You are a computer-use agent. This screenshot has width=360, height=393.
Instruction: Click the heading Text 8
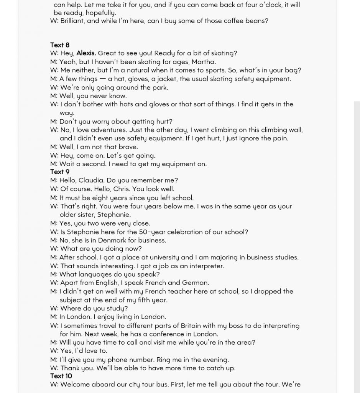click(x=60, y=45)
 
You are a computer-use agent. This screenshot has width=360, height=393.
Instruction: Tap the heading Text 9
click(x=60, y=172)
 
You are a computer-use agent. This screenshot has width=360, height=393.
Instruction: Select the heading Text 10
click(x=61, y=376)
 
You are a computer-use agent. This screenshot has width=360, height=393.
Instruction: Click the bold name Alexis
click(x=86, y=53)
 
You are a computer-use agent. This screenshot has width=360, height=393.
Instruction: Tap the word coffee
click(x=224, y=21)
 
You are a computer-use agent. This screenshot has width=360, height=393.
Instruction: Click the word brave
click(x=129, y=147)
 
